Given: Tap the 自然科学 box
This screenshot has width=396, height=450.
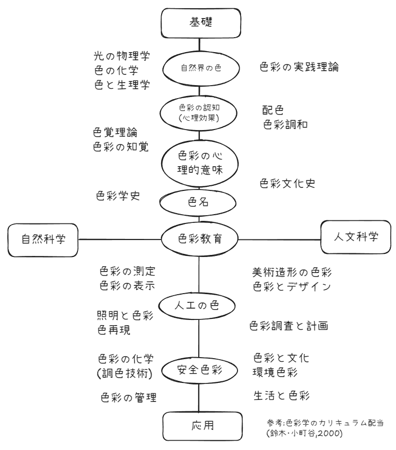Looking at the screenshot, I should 40,239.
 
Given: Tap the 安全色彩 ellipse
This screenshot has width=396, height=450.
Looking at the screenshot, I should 199,369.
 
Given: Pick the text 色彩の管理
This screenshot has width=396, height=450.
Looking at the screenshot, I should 128,397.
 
